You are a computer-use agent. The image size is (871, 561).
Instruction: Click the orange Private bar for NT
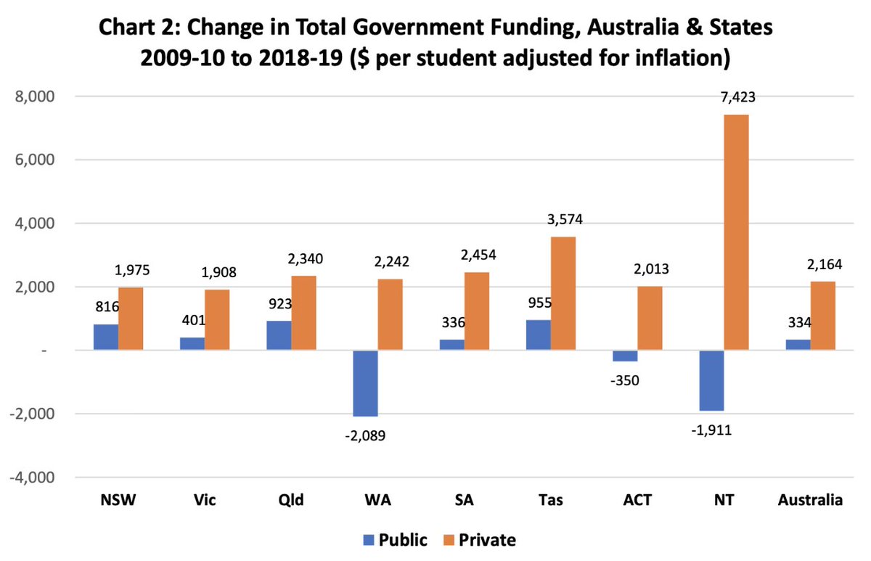pos(736,232)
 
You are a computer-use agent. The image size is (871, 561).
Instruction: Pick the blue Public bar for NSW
pos(106,337)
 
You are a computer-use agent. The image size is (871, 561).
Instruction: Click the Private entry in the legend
pos(490,539)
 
